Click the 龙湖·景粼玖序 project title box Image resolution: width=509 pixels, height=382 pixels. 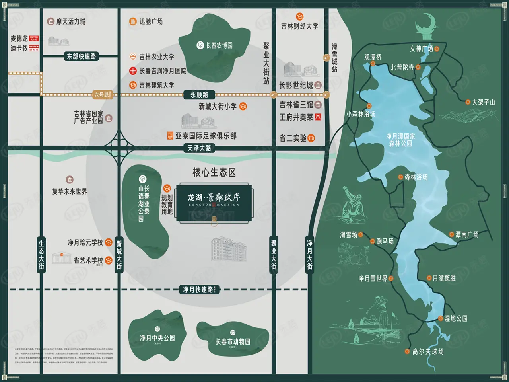click(x=214, y=202)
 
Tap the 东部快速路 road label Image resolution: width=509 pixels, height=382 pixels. click(x=81, y=57)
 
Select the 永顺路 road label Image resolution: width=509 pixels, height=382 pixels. click(x=199, y=95)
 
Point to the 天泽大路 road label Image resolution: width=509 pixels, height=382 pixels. click(x=199, y=148)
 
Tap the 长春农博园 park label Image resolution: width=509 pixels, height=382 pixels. click(x=219, y=45)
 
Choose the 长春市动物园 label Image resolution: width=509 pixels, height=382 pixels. click(x=233, y=341)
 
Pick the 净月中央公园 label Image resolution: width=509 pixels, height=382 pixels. click(x=157, y=338)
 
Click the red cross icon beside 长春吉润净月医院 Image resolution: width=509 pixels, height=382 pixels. click(x=133, y=71)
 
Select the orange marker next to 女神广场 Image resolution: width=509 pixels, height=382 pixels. click(x=437, y=49)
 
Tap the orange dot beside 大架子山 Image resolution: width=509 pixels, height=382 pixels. click(x=468, y=102)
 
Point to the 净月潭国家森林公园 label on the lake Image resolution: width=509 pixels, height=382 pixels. click(x=400, y=140)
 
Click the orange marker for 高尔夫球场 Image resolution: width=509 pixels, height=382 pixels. click(x=407, y=351)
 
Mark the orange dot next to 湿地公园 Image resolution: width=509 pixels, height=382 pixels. click(x=440, y=318)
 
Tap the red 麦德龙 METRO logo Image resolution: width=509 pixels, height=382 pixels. click(x=34, y=39)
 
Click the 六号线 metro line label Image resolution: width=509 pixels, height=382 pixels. click(x=101, y=95)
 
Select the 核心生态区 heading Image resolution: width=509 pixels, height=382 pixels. click(x=214, y=172)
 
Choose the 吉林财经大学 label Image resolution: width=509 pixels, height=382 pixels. click(x=299, y=26)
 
